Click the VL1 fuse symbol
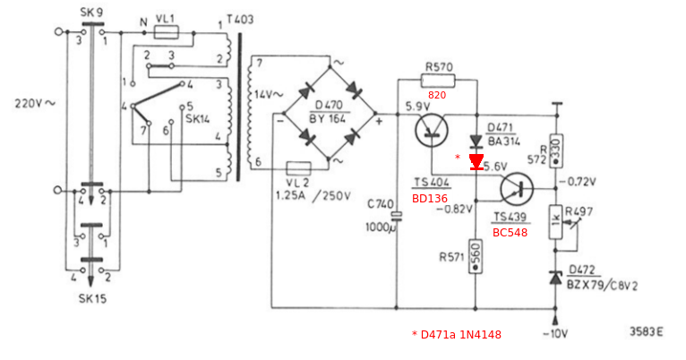[x=167, y=32]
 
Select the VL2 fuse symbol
[x=299, y=169]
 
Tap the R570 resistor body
[x=438, y=81]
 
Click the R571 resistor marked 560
[x=476, y=256]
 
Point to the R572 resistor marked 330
[x=556, y=151]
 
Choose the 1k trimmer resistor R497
[x=555, y=222]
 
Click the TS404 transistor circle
[x=432, y=130]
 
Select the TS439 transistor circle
[x=517, y=189]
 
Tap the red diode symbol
[x=476, y=162]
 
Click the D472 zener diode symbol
[x=555, y=279]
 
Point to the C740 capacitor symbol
[x=397, y=216]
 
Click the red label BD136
[x=430, y=199]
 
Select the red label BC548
[x=510, y=233]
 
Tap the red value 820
[x=437, y=95]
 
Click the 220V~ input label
[x=36, y=104]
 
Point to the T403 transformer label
[x=240, y=20]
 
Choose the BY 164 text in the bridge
[x=328, y=118]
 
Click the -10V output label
[x=555, y=334]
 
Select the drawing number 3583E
[x=647, y=332]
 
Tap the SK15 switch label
[x=92, y=299]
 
